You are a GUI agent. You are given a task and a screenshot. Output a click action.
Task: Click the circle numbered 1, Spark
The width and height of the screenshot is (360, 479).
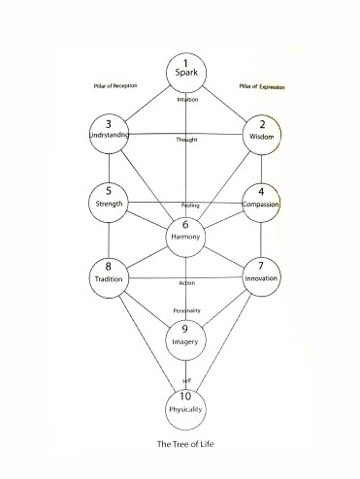click(x=186, y=70)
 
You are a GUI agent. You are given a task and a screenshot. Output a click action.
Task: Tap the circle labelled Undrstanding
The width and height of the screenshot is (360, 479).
click(x=109, y=136)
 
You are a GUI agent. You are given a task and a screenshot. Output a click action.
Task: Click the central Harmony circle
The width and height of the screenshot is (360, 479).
click(x=185, y=235)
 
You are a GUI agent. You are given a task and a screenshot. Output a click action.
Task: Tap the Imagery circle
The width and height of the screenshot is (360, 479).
click(x=186, y=336)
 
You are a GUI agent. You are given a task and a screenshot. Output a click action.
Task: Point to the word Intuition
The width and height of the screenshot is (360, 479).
click(x=187, y=100)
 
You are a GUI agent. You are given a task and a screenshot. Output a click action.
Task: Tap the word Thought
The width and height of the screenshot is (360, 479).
click(x=186, y=140)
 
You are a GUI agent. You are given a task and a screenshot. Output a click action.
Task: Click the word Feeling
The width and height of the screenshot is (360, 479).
click(x=190, y=207)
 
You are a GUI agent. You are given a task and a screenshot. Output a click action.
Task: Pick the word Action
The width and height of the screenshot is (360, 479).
click(x=187, y=282)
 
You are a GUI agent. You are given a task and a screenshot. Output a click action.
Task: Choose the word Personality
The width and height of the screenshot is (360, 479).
click(x=186, y=309)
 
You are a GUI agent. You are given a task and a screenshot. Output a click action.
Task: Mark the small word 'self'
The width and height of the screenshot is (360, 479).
click(x=187, y=380)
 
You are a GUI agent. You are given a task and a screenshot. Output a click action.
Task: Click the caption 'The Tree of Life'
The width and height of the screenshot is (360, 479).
click(x=185, y=445)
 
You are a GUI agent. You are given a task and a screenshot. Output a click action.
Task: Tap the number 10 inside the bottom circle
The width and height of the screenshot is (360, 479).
click(x=187, y=398)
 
